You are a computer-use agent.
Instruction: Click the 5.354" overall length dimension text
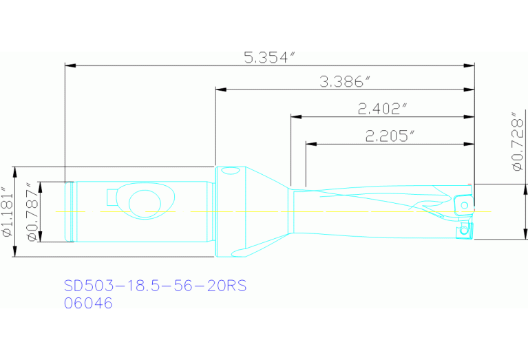coord(269,57)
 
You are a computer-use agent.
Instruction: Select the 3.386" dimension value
coord(345,82)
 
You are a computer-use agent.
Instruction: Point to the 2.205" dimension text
coord(390,136)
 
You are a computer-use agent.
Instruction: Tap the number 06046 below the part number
coord(88,302)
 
